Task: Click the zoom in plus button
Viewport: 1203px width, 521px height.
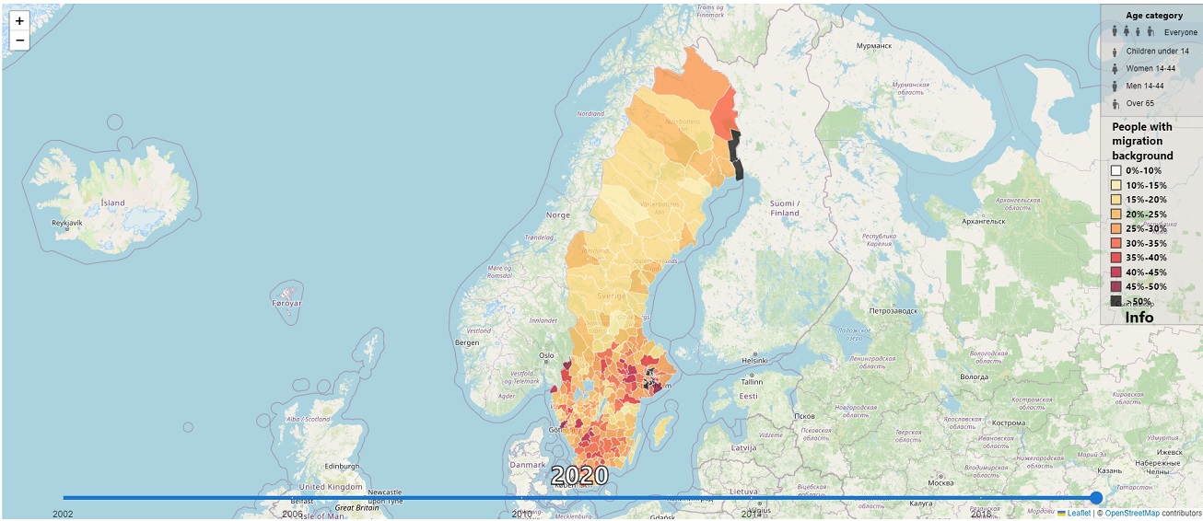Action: point(19,21)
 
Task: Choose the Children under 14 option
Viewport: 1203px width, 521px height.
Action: point(1156,51)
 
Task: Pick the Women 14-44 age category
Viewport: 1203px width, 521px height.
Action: point(1150,68)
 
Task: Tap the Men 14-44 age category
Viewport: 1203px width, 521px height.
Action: point(1147,86)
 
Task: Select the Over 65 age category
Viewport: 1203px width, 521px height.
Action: point(1139,103)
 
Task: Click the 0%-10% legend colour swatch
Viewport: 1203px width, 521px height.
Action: point(1116,170)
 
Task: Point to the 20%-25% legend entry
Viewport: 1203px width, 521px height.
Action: point(1146,214)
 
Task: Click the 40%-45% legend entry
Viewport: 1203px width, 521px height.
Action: point(1146,272)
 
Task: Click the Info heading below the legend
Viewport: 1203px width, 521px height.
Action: point(1139,317)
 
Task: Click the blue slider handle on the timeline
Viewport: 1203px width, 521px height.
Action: point(1096,498)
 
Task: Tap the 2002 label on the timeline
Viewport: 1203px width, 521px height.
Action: point(63,514)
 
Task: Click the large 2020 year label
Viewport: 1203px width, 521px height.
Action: point(579,476)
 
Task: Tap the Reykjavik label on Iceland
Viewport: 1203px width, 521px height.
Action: point(68,223)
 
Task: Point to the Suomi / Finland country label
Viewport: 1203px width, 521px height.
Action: point(784,208)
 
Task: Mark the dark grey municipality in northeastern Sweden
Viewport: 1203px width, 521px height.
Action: point(735,154)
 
